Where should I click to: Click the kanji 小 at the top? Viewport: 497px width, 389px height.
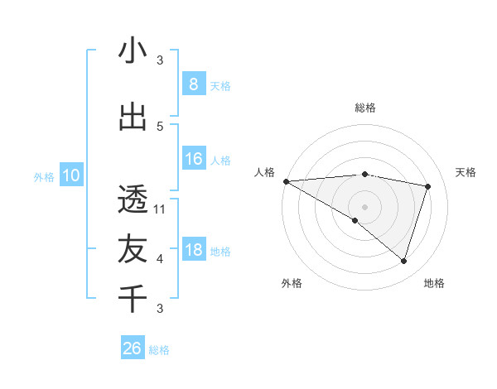pyautogui.click(x=133, y=51)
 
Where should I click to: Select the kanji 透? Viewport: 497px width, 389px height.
pyautogui.click(x=133, y=199)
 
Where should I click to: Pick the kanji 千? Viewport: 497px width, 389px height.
pyautogui.click(x=133, y=298)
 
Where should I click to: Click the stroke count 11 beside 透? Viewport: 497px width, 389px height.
pyautogui.click(x=160, y=209)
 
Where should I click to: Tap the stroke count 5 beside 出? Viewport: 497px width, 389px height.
pyautogui.click(x=160, y=127)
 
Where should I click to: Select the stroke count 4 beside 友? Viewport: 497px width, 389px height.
pyautogui.click(x=160, y=259)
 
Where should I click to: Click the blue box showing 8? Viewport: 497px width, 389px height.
pyautogui.click(x=193, y=84)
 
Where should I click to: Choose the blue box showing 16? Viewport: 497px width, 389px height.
pyautogui.click(x=193, y=159)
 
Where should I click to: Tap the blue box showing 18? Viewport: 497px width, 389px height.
pyautogui.click(x=193, y=251)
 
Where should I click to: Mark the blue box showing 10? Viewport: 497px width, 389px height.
pyautogui.click(x=71, y=175)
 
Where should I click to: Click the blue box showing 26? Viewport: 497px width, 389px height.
pyautogui.click(x=132, y=348)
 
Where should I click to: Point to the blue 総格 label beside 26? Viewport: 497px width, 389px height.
pyautogui.click(x=159, y=350)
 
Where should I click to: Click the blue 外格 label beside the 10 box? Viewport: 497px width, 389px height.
pyautogui.click(x=43, y=176)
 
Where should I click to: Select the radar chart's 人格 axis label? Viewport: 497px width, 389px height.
pyautogui.click(x=265, y=172)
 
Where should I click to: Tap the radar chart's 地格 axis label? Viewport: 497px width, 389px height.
pyautogui.click(x=434, y=283)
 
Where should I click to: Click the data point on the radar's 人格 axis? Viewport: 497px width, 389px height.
pyautogui.click(x=286, y=181)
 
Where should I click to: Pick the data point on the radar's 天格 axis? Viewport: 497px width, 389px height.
pyautogui.click(x=428, y=186)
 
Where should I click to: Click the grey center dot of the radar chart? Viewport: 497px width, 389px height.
pyautogui.click(x=364, y=205)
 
